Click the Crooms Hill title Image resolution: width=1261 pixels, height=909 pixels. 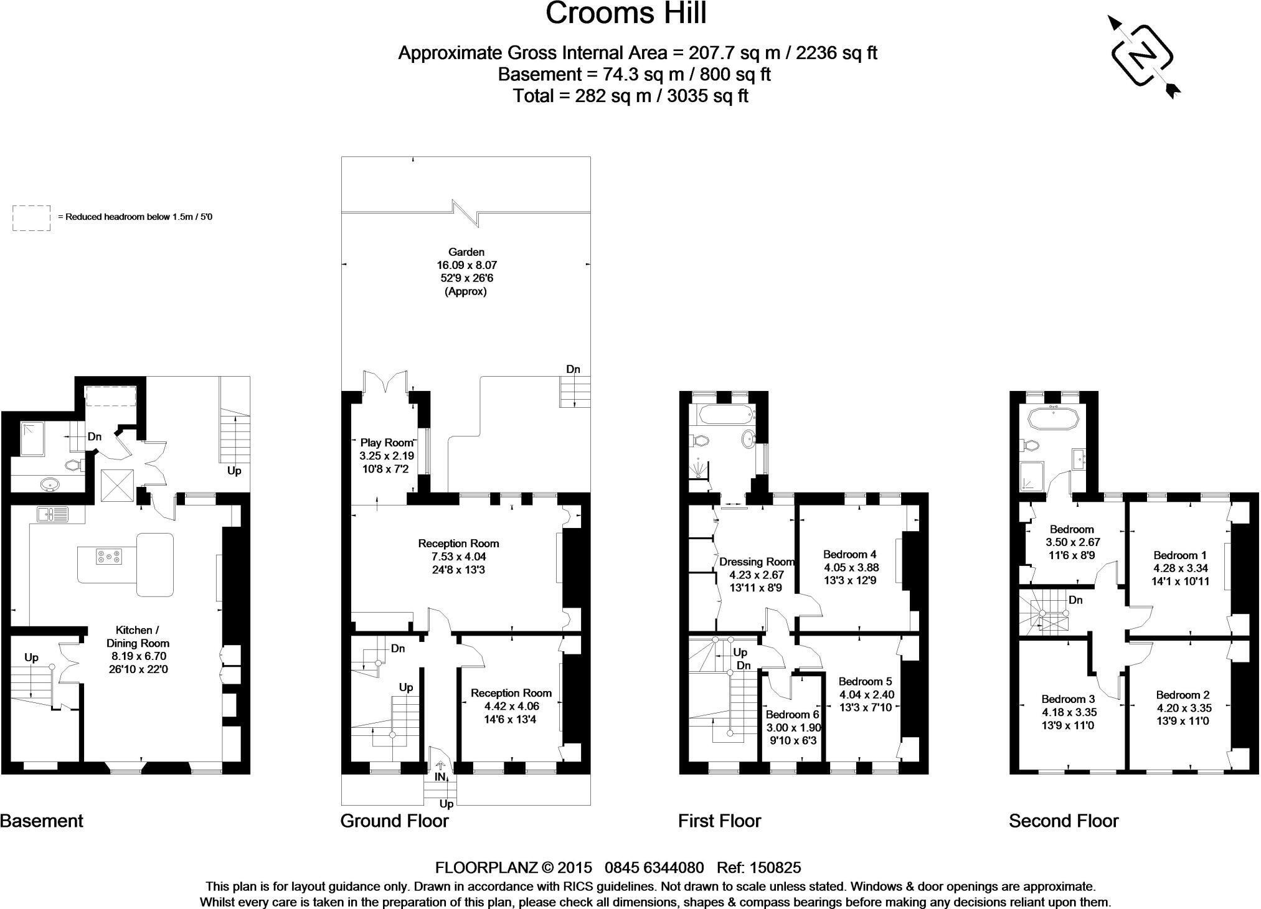pos(626,14)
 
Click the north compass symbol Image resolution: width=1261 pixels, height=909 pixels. pos(1143,57)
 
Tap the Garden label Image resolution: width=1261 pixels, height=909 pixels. pos(466,252)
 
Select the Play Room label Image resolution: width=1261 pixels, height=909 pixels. pos(387,443)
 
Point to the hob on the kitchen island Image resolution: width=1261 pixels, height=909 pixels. pos(109,557)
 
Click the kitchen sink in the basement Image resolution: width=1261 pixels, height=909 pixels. pos(52,514)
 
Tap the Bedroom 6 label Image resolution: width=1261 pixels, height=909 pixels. pos(793,715)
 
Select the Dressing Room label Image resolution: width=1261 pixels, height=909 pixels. pos(757,562)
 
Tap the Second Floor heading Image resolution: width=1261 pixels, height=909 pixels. pos(1064,821)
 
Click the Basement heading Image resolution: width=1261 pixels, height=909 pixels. pos(42,821)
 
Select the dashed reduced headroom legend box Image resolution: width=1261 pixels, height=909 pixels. pos(31,218)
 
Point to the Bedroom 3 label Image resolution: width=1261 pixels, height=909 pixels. pos(1068,699)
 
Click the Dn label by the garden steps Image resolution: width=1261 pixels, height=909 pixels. pos(573,369)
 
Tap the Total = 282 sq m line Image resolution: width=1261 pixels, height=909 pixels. pos(630,96)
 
